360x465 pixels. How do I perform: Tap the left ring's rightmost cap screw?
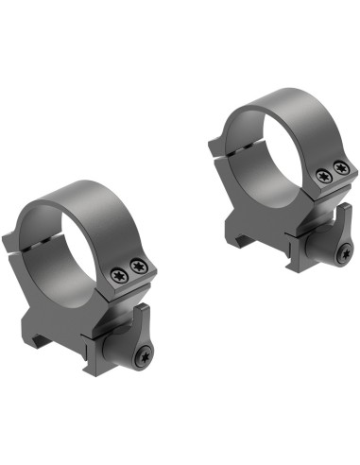pos(140,266)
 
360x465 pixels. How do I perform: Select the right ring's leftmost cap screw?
pos(324,176)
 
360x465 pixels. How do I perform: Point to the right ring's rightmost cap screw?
pos(340,168)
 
